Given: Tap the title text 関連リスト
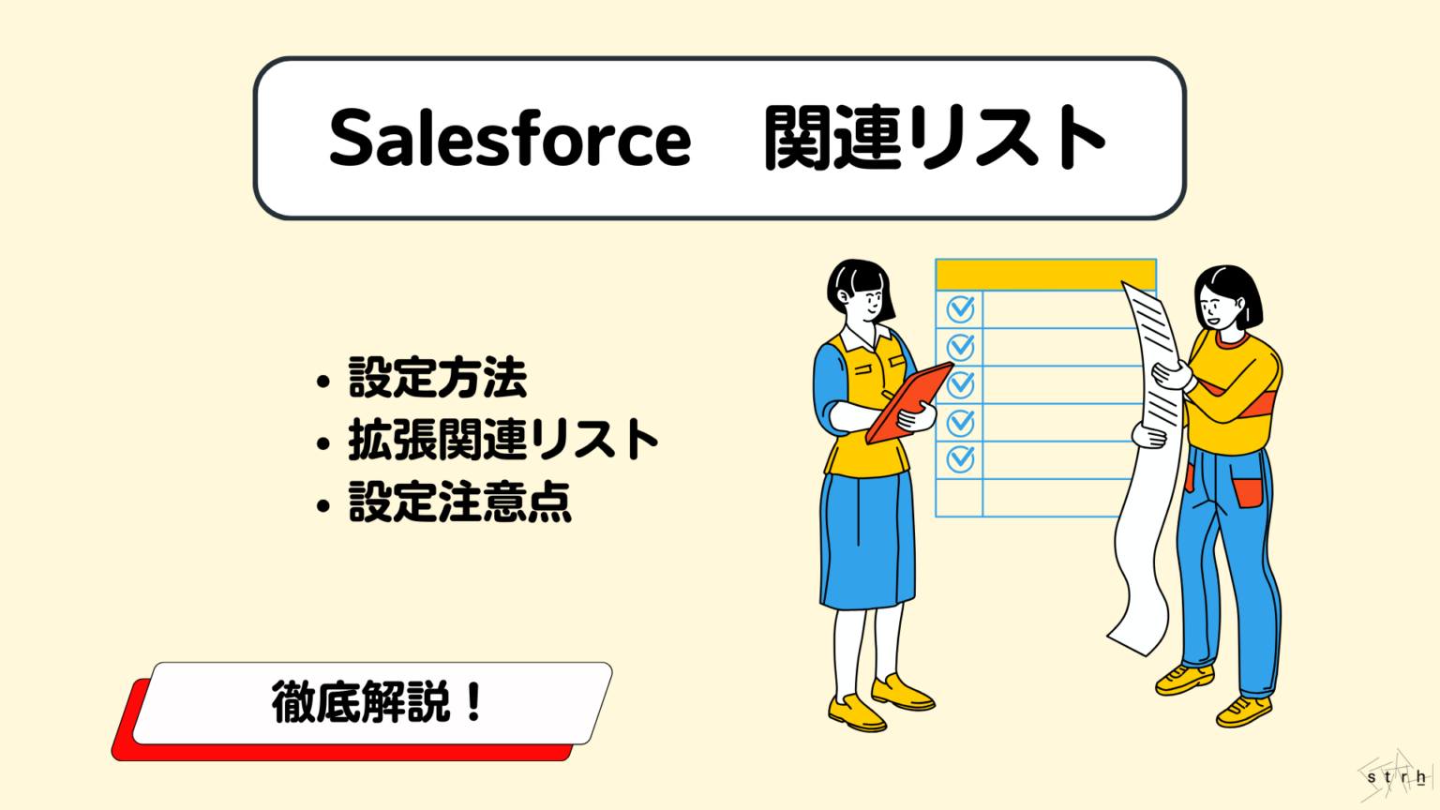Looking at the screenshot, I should coord(934,139).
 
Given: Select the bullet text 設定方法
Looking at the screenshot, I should coord(438,377).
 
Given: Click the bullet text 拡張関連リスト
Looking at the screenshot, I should coord(503,439).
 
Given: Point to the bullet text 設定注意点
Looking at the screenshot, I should coord(459,502).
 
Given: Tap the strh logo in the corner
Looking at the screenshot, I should coord(1396,777).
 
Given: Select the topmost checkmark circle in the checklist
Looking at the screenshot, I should coord(960,308).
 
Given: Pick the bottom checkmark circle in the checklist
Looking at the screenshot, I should coord(960,459).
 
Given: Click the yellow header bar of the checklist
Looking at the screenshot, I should coord(1045,275).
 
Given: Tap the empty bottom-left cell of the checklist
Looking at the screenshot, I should coord(959,498).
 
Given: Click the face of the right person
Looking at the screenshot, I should coord(1216,306).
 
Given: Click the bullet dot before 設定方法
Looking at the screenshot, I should coord(323,382).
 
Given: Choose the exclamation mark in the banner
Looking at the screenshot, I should coord(472,701).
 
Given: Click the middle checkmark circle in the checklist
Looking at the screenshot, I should coord(960,384).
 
